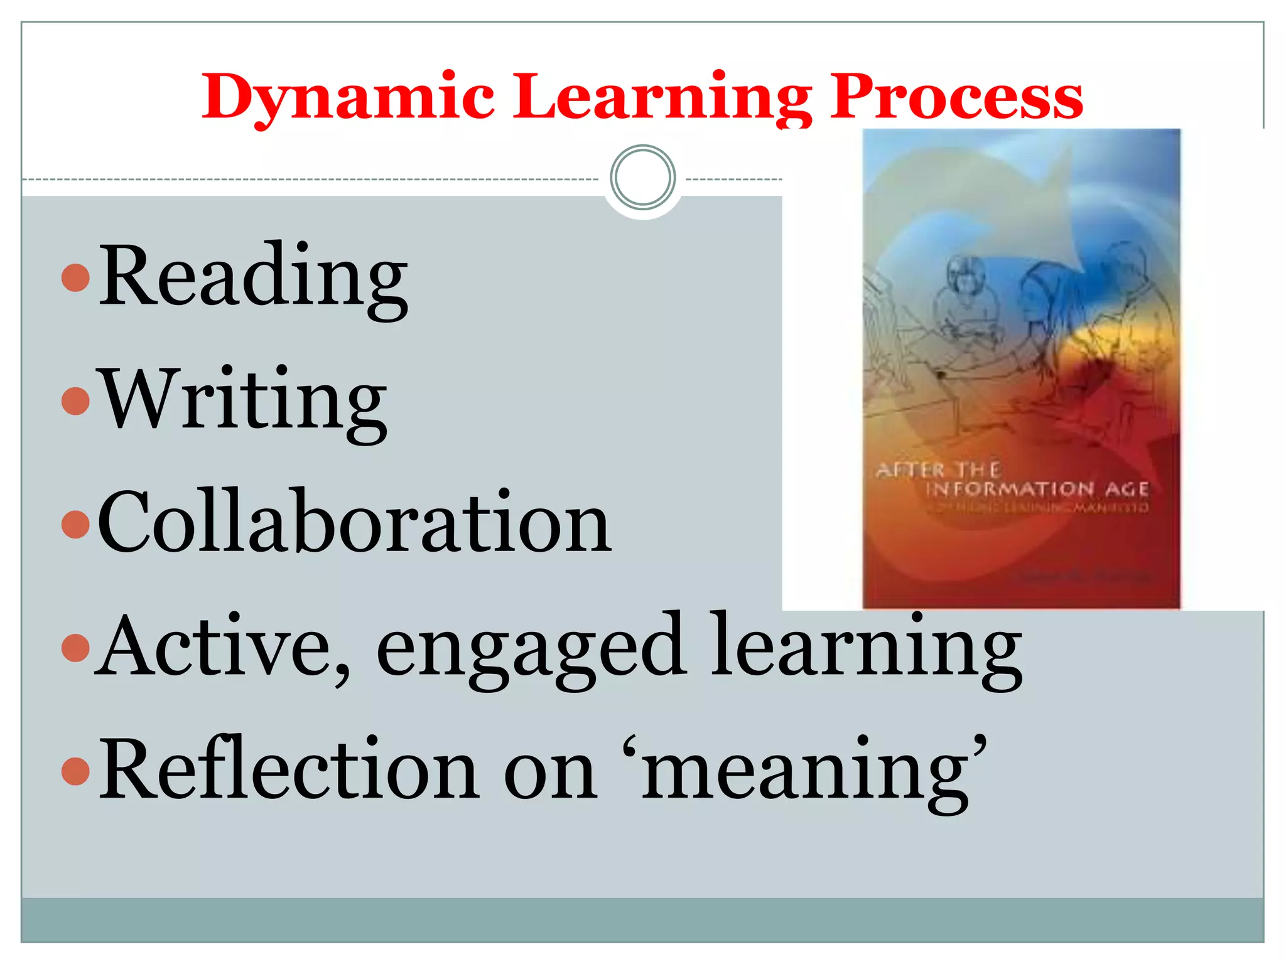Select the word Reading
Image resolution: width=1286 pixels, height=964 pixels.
pos(254,276)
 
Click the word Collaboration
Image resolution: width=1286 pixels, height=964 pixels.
pos(355,522)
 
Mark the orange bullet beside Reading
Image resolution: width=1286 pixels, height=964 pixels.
pos(76,277)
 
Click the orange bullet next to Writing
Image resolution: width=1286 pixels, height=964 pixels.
pos(76,401)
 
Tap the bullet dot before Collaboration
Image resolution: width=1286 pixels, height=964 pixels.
pos(76,524)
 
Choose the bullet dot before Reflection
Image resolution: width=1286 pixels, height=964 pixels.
pos(76,771)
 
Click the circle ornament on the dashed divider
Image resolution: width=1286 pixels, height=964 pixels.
pos(642,178)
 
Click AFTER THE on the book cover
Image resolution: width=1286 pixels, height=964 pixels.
pos(938,469)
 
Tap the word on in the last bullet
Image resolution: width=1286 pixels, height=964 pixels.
pos(550,772)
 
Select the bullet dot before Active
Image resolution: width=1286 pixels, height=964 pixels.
pos(76,648)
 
